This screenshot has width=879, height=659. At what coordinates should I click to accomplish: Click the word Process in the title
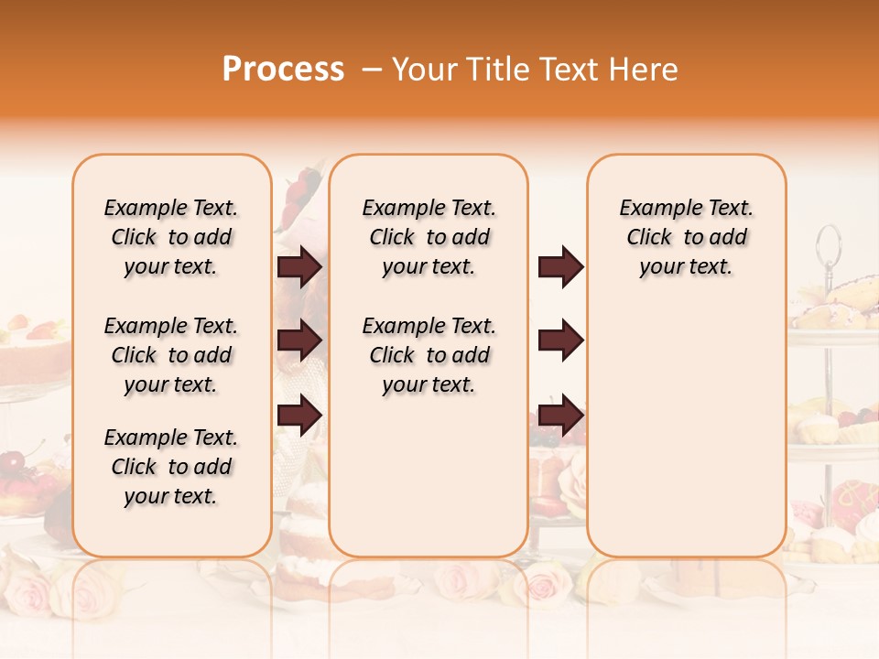point(283,70)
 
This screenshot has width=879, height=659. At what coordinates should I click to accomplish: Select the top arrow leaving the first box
point(298,267)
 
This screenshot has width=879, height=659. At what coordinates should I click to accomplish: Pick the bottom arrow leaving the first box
point(298,415)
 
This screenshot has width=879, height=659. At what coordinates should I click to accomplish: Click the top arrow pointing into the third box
point(560,267)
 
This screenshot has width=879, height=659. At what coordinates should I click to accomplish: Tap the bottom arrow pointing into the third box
point(560,415)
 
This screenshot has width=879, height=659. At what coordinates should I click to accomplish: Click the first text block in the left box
point(171,237)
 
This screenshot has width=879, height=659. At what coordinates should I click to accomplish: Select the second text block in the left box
point(171,355)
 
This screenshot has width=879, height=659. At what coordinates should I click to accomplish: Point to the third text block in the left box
point(171,467)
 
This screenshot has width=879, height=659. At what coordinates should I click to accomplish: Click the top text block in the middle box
point(429,237)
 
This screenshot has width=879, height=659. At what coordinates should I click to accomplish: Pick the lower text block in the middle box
point(429,355)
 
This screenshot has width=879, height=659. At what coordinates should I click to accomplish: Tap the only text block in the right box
point(687,237)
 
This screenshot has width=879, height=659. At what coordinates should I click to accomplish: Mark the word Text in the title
point(569,70)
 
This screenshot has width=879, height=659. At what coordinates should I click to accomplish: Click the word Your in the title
point(421,70)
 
